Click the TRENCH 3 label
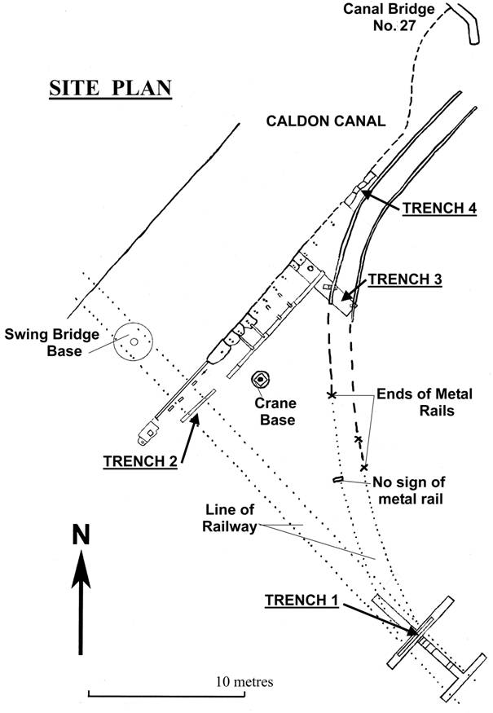tap(405, 279)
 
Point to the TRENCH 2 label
tap(140, 461)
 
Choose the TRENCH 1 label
tap(301, 601)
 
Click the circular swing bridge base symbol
tap(132, 343)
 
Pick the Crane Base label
tap(273, 412)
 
